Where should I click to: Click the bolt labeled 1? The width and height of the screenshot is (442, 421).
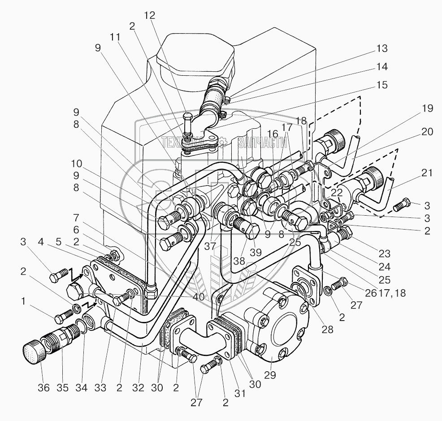coord(61,318)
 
